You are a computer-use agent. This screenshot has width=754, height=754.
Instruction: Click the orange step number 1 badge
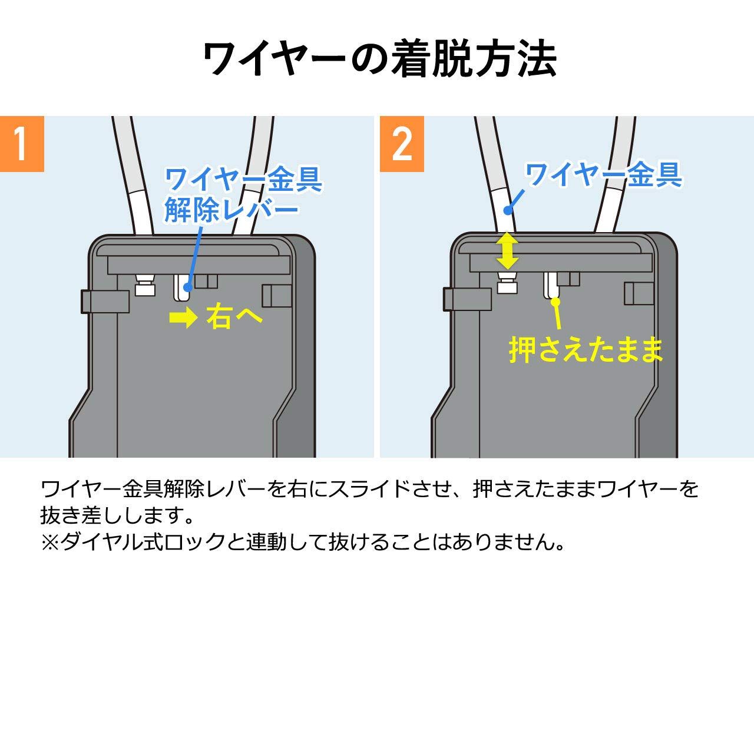click(22, 144)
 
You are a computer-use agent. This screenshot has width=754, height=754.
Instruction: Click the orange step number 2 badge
click(402, 144)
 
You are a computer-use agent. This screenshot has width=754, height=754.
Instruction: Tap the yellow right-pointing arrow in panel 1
click(183, 319)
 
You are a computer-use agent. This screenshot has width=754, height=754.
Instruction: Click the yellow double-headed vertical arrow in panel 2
click(507, 251)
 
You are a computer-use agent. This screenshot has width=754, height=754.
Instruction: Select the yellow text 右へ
click(234, 318)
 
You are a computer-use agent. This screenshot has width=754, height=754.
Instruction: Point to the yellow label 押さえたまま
click(586, 349)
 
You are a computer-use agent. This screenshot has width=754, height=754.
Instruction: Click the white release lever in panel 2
click(551, 286)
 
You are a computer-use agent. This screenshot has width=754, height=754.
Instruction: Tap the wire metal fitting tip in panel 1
click(144, 286)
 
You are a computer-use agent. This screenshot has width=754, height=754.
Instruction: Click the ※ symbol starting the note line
click(49, 542)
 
